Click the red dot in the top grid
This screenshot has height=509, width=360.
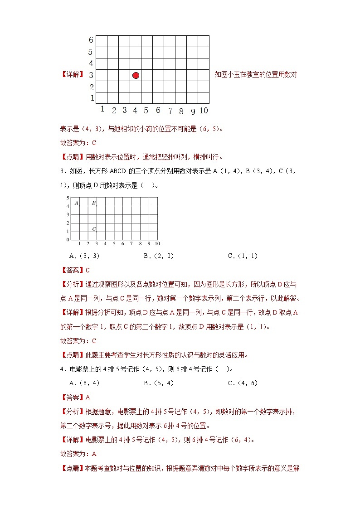(x=136, y=75)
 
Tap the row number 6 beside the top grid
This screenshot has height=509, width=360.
(x=91, y=40)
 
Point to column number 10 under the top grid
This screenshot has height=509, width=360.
(x=204, y=111)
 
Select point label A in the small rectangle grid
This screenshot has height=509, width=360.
(x=76, y=203)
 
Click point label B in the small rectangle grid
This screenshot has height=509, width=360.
(x=93, y=203)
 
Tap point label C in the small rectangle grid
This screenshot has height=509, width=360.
(x=94, y=229)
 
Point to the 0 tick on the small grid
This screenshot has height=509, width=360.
(x=68, y=239)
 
